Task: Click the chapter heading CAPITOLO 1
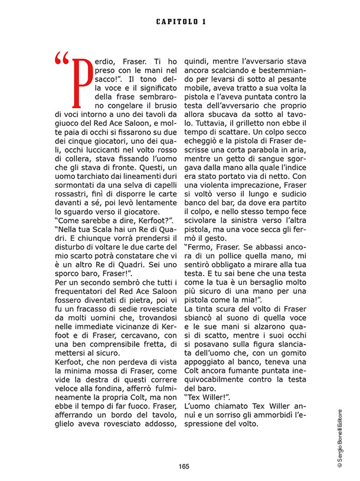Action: (181, 22)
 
